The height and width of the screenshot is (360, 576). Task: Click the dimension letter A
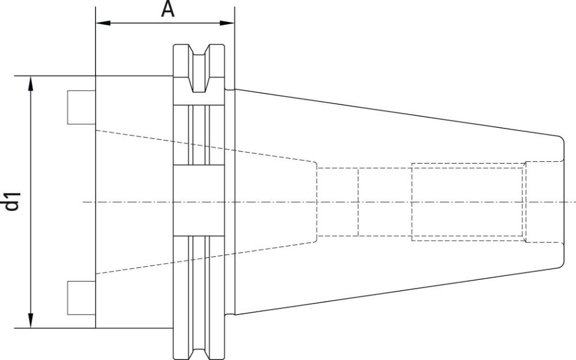(x=168, y=10)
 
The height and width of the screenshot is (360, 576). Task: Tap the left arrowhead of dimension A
(x=103, y=23)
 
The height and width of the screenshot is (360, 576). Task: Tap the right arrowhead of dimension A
(x=227, y=23)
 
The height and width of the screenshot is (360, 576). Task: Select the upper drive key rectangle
(x=82, y=107)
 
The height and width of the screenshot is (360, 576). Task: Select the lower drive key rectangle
(x=82, y=298)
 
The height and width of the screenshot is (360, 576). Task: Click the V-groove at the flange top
(x=199, y=68)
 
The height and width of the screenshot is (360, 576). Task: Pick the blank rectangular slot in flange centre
(x=199, y=200)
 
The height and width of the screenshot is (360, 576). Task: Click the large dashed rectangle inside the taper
(x=468, y=202)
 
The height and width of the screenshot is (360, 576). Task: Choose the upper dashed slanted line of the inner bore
(x=206, y=146)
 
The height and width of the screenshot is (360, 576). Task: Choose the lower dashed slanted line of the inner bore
(x=206, y=258)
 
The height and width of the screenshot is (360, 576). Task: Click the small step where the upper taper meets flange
(x=230, y=89)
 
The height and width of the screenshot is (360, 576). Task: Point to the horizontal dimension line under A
(x=165, y=23)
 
